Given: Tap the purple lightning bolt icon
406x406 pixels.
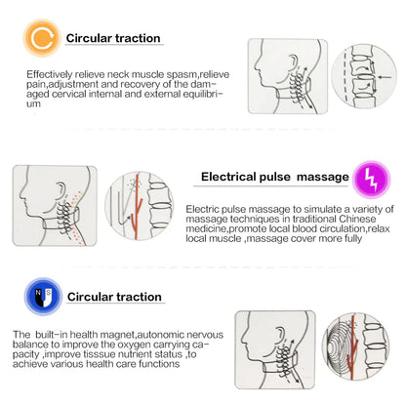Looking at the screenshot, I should pos(368,179).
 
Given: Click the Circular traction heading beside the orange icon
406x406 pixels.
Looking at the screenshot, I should pos(113,38).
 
